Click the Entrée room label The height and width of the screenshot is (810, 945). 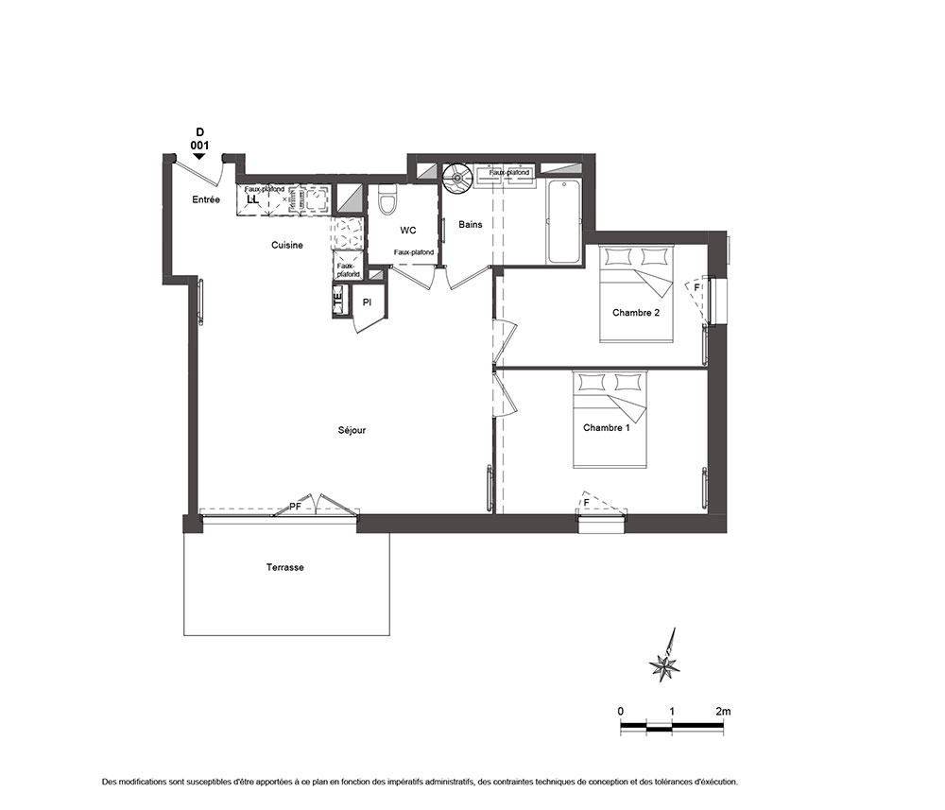click(206, 199)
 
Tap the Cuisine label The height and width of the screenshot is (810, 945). click(287, 246)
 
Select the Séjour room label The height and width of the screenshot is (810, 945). click(352, 430)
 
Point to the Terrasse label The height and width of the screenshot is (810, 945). click(285, 567)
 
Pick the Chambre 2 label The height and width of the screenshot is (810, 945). click(636, 313)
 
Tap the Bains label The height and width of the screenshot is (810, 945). click(471, 224)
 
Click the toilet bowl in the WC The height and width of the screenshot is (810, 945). click(387, 199)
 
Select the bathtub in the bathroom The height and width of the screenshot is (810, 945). click(564, 221)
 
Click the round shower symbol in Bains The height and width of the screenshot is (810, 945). click(458, 178)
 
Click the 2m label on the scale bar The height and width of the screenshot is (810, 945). click(723, 711)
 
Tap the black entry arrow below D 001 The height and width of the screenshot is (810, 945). click(199, 156)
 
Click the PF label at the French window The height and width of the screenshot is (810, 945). click(295, 507)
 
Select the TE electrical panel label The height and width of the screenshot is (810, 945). click(338, 297)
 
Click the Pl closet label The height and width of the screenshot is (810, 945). click(367, 302)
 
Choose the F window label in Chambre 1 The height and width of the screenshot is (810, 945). click(586, 503)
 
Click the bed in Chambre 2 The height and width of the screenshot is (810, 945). click(636, 294)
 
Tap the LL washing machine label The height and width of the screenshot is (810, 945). click(252, 198)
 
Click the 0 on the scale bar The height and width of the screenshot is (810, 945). click(621, 711)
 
